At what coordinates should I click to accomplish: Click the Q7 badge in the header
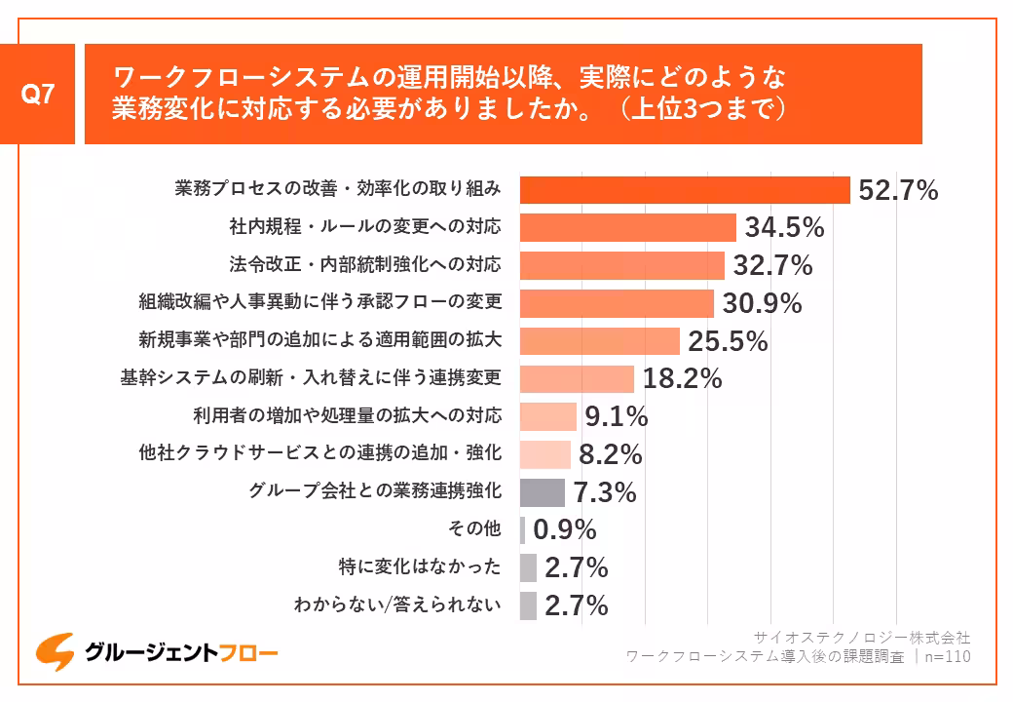point(38,94)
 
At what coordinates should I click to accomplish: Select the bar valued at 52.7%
point(685,190)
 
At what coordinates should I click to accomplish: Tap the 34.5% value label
point(784,228)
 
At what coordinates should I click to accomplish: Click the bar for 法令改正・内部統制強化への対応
point(621,265)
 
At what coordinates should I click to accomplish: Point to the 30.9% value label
point(762,303)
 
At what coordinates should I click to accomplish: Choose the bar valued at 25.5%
point(599,341)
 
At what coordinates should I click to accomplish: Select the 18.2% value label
point(682,379)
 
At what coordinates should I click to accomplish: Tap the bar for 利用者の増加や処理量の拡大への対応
point(547,416)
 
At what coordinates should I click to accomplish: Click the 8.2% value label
point(610,454)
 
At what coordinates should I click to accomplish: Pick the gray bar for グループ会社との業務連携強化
point(542,492)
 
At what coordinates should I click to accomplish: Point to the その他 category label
point(474,529)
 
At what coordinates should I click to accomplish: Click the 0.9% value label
point(565,529)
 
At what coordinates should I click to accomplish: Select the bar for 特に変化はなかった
point(528,567)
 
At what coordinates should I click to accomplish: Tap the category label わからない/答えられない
point(397,605)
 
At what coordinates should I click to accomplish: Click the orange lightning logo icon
point(55,651)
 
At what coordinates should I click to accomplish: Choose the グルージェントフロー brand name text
point(180,652)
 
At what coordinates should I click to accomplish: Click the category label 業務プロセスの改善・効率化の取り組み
point(338,188)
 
